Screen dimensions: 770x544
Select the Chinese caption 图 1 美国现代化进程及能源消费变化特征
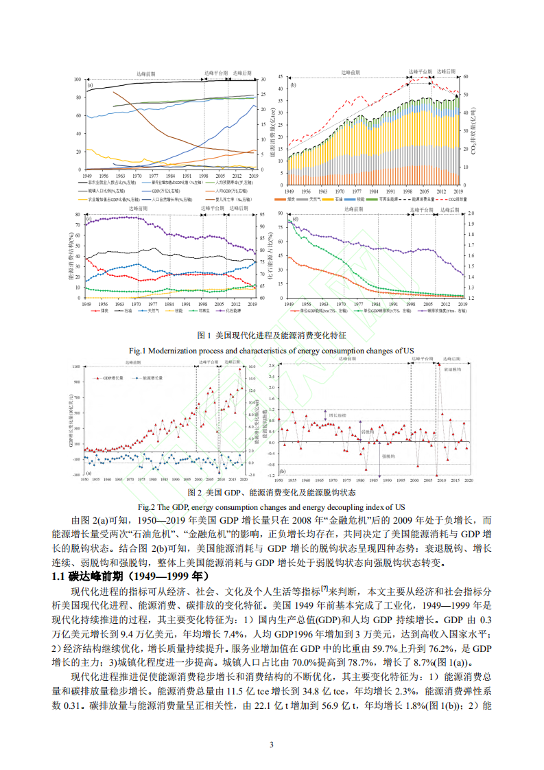(x=272, y=336)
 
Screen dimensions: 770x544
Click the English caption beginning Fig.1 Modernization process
(x=272, y=350)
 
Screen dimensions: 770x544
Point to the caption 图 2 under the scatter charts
(x=272, y=492)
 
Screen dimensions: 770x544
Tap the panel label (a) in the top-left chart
(x=90, y=84)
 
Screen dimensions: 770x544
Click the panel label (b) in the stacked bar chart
(x=293, y=85)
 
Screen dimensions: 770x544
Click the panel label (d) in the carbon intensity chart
(x=295, y=218)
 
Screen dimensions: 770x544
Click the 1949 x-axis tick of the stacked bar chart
(x=289, y=175)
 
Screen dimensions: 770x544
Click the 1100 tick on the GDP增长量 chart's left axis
(x=75, y=367)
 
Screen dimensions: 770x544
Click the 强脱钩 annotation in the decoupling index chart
(x=368, y=456)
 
